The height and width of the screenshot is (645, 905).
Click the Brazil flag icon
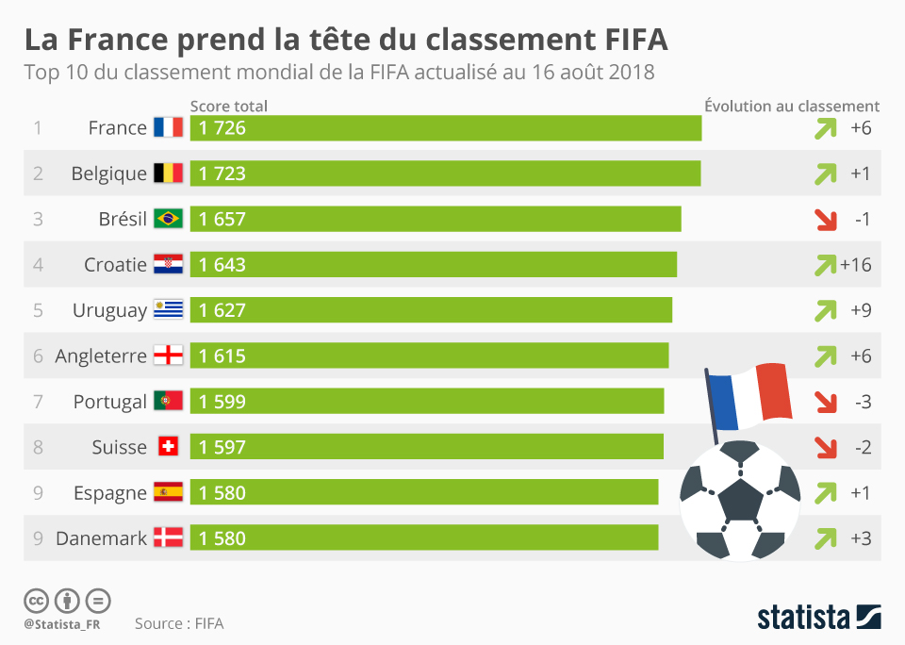[x=168, y=219]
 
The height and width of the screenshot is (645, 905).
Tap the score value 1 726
[x=222, y=128]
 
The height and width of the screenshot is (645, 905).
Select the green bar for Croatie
[x=434, y=265]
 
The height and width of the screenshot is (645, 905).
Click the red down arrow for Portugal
[x=826, y=402]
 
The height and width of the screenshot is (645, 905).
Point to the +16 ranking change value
[x=856, y=265]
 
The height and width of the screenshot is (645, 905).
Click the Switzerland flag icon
[x=168, y=447]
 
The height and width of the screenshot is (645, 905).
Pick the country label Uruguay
[x=109, y=310]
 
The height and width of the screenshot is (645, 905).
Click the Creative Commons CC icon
[x=37, y=601]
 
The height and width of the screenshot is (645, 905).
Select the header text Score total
[x=228, y=107]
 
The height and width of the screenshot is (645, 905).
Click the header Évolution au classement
[x=792, y=107]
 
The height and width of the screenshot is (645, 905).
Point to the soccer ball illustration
[x=740, y=500]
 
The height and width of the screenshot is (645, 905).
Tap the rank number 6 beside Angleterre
[x=38, y=356]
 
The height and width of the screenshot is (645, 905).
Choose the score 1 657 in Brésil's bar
[x=222, y=220]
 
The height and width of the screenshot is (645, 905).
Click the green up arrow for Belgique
[x=826, y=174]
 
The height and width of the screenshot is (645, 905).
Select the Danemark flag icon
[x=168, y=538]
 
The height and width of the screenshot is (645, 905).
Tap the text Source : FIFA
[x=179, y=623]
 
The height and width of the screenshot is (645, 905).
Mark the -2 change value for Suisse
[x=862, y=447]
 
